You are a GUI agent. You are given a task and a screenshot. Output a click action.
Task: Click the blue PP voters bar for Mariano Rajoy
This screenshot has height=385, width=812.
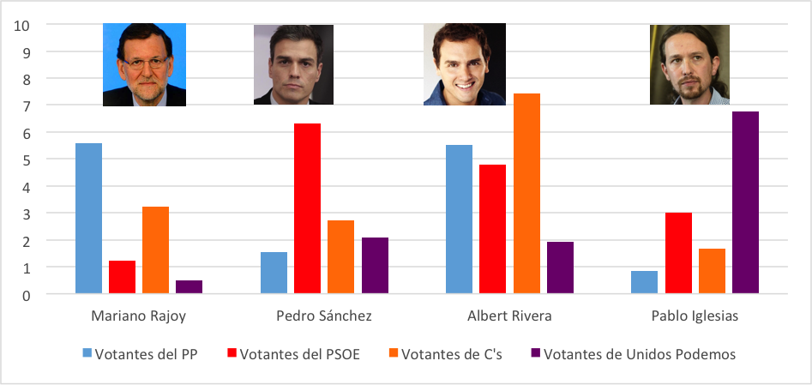[88, 219]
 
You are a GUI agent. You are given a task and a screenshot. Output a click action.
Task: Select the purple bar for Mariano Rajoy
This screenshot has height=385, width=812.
[189, 287]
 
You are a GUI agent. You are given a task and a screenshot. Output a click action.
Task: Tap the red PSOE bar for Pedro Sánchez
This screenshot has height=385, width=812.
[307, 208]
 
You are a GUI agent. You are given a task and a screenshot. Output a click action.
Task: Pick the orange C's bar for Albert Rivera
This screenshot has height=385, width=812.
[526, 194]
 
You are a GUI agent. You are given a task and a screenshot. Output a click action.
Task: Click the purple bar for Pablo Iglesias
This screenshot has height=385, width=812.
[745, 202]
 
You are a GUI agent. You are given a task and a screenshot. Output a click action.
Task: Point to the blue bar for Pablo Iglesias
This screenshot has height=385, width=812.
[644, 282]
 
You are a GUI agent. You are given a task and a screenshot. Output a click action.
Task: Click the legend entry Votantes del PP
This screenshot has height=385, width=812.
[140, 353]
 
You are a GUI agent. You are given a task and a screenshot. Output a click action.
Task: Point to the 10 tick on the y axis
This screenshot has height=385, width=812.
[22, 24]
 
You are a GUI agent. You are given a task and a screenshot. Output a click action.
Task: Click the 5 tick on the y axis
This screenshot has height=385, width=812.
[26, 159]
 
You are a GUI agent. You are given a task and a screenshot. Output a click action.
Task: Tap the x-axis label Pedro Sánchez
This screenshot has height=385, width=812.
[324, 316]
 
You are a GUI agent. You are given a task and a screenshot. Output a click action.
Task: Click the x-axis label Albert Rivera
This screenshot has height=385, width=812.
[509, 316]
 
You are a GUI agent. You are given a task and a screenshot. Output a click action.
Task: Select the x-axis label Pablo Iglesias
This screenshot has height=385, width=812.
[695, 316]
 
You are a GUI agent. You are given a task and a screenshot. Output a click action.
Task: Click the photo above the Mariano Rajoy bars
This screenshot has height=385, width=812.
[144, 64]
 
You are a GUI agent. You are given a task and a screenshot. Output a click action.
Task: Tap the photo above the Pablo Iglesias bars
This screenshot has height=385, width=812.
[689, 64]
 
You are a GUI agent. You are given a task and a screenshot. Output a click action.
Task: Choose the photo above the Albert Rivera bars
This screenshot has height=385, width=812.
[464, 64]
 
